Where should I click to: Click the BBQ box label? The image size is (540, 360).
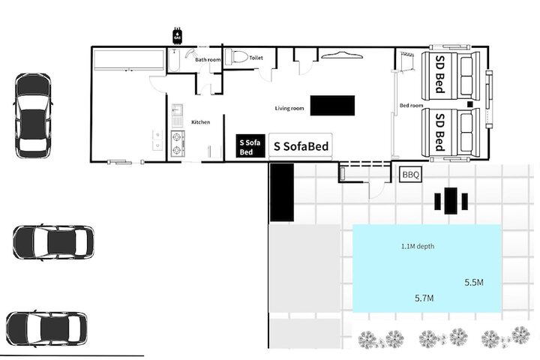pyautogui.click(x=410, y=175)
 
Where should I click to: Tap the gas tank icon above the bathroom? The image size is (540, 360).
pyautogui.click(x=177, y=35)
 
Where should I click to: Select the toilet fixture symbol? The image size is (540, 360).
pyautogui.click(x=236, y=56)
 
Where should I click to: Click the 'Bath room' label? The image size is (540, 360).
pyautogui.click(x=208, y=59)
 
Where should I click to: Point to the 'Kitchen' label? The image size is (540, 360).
pyautogui.click(x=200, y=122)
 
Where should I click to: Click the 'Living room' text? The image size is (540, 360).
pyautogui.click(x=289, y=108)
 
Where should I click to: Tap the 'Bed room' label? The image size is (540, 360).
pyautogui.click(x=411, y=105)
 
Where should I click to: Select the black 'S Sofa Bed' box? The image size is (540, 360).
pyautogui.click(x=250, y=146)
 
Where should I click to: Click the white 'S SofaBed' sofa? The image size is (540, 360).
pyautogui.click(x=301, y=146)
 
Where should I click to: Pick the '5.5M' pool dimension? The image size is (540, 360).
pyautogui.click(x=474, y=283)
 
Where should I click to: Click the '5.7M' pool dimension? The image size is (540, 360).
pyautogui.click(x=424, y=298)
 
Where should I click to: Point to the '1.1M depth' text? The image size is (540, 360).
pyautogui.click(x=418, y=246)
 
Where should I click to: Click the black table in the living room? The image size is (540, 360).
pyautogui.click(x=332, y=106)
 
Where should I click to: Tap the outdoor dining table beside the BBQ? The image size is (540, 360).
pyautogui.click(x=451, y=201)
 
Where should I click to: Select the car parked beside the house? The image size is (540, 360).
pyautogui.click(x=33, y=115)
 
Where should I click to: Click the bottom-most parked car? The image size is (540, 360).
pyautogui.click(x=46, y=328)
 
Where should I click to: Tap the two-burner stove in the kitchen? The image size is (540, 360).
pyautogui.click(x=177, y=144)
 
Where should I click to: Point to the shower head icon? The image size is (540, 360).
pyautogui.click(x=190, y=53)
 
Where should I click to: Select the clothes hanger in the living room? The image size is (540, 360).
pyautogui.click(x=341, y=55)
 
